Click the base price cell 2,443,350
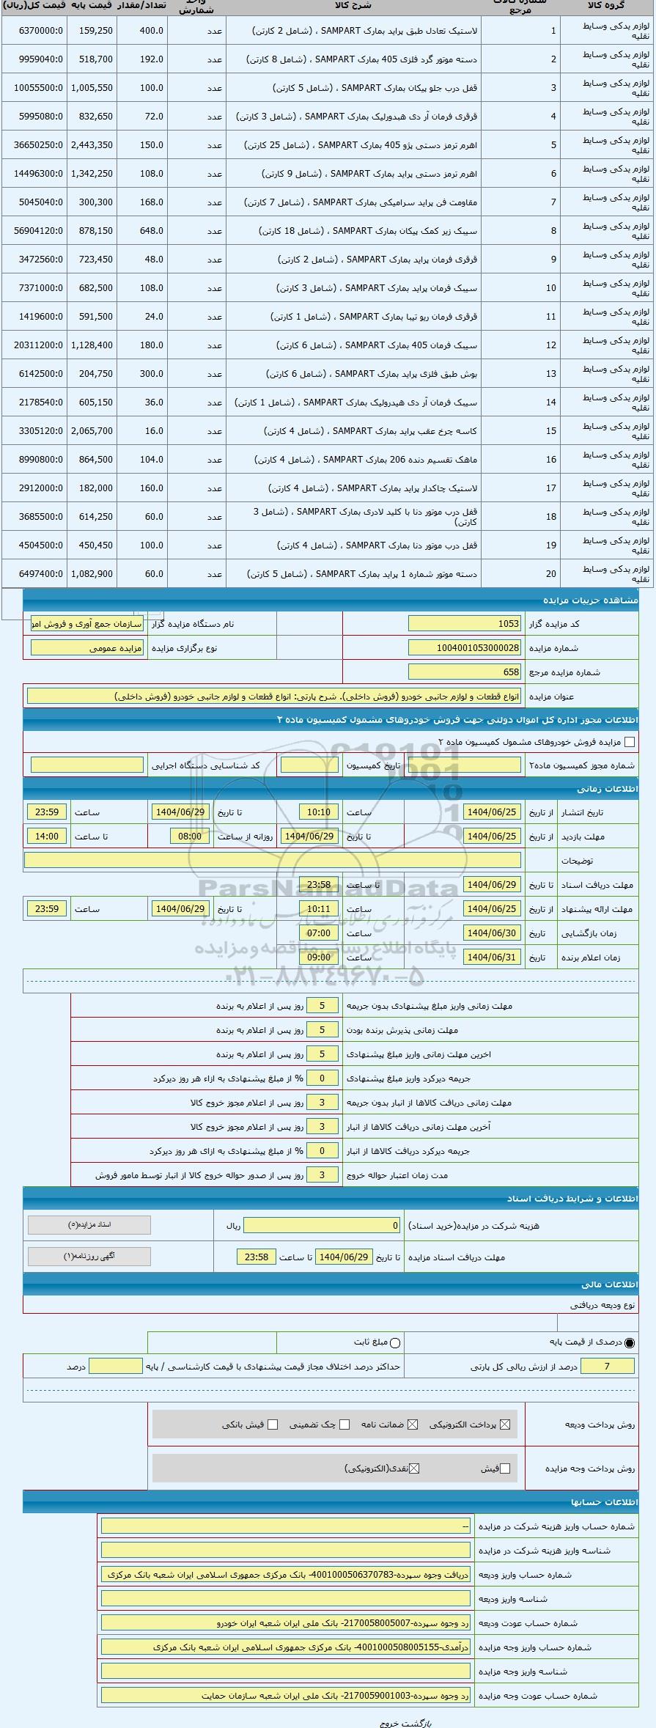click(92, 145)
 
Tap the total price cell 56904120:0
click(37, 231)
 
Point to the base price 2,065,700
click(92, 431)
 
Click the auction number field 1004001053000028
click(464, 648)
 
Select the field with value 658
click(464, 672)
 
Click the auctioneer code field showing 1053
click(464, 624)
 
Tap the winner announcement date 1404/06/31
click(492, 957)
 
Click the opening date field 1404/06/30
click(492, 933)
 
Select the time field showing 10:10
click(319, 812)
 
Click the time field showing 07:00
click(319, 933)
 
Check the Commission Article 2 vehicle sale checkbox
click(629, 743)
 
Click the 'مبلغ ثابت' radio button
click(396, 1342)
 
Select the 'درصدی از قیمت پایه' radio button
click(630, 1342)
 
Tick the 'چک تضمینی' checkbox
click(344, 1424)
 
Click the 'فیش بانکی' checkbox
click(273, 1424)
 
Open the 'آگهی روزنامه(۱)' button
click(89, 1256)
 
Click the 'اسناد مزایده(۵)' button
click(89, 1225)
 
